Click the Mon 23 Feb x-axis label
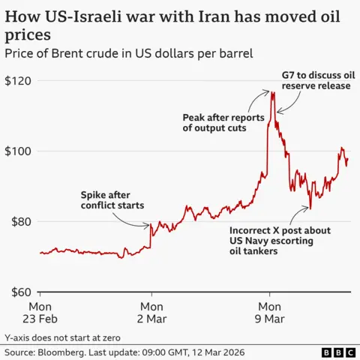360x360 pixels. (x=40, y=313)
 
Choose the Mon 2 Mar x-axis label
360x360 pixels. (x=151, y=313)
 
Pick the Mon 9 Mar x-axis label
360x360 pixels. (x=269, y=313)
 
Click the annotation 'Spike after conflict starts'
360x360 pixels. (x=112, y=200)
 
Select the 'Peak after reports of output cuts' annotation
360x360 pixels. (x=216, y=123)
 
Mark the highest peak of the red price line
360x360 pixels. (x=271, y=91)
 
